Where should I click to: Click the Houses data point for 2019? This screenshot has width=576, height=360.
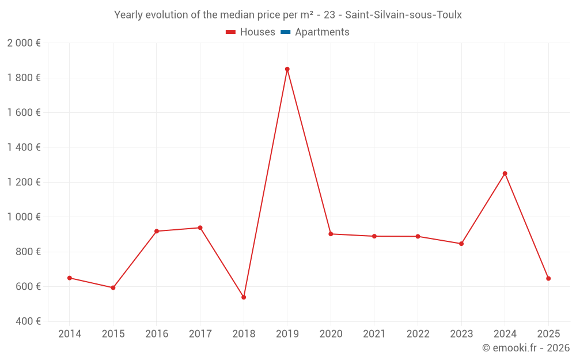pyautogui.click(x=287, y=69)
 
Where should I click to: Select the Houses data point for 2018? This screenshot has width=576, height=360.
pyautogui.click(x=244, y=297)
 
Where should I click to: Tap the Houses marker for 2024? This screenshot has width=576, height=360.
pyautogui.click(x=505, y=173)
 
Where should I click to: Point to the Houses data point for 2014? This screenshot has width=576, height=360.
pyautogui.click(x=70, y=278)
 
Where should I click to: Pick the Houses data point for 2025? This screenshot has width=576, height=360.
pyautogui.click(x=548, y=278)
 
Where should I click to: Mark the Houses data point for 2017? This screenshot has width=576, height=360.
pyautogui.click(x=200, y=228)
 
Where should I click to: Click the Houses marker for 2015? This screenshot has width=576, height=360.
pyautogui.click(x=113, y=287)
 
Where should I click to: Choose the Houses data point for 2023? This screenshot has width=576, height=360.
pyautogui.click(x=461, y=244)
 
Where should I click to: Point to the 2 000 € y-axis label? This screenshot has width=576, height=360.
pyautogui.click(x=24, y=43)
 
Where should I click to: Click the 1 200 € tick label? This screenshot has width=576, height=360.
pyautogui.click(x=24, y=182)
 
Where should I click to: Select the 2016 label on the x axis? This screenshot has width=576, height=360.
pyautogui.click(x=157, y=334)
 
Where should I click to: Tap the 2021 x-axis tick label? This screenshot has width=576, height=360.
pyautogui.click(x=374, y=334)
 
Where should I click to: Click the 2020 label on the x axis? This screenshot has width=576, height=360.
pyautogui.click(x=331, y=334)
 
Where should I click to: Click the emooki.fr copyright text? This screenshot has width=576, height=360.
pyautogui.click(x=525, y=348)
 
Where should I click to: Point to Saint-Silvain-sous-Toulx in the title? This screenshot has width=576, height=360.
pyautogui.click(x=403, y=15)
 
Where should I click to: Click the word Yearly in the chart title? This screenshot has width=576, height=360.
pyautogui.click(x=128, y=15)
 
